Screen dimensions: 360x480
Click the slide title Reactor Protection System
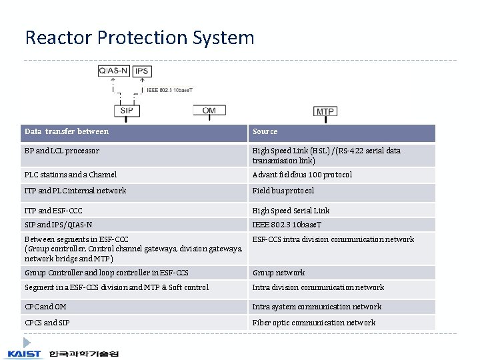[139, 37]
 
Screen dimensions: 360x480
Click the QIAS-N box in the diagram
[114, 71]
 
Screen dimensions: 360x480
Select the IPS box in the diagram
[141, 71]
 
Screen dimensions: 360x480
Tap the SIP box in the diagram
[127, 110]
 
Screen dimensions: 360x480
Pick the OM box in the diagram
[209, 111]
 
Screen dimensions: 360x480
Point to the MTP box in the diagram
[325, 111]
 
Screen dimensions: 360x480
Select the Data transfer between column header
[67, 132]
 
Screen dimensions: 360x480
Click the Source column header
[265, 132]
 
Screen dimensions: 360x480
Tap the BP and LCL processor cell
[62, 151]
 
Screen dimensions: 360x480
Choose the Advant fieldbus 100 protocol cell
[302, 175]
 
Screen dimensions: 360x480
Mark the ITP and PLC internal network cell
[75, 191]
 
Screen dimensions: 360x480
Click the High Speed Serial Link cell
[291, 211]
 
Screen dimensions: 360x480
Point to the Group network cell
[279, 273]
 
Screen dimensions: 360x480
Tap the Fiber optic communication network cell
[313, 323]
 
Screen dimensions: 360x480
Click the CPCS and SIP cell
[47, 323]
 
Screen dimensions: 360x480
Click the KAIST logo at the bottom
[25, 353]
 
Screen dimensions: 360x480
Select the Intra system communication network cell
[317, 307]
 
